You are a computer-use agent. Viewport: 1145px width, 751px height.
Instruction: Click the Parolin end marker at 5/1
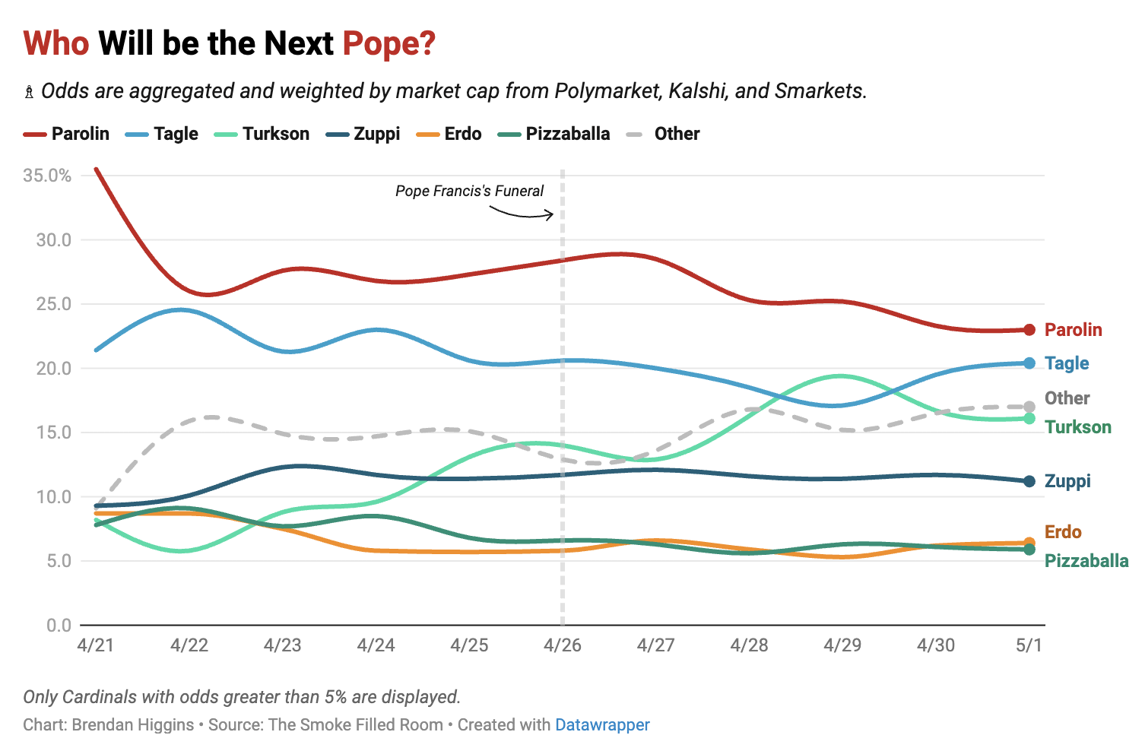click(1029, 330)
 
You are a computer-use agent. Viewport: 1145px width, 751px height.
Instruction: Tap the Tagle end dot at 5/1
click(1029, 363)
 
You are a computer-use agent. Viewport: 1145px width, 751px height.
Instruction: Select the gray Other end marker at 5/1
click(1029, 407)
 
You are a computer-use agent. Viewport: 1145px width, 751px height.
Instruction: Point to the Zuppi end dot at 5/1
click(1029, 481)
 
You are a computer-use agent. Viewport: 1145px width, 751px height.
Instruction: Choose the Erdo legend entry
click(449, 134)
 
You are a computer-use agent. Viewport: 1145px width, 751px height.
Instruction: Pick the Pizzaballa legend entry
click(554, 134)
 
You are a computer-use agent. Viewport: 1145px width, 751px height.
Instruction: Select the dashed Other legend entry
click(663, 134)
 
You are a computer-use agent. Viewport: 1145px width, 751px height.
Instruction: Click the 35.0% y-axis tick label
click(47, 176)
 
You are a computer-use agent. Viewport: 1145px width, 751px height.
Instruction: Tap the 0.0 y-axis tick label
click(59, 626)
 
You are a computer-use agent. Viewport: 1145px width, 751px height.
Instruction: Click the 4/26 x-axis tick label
click(563, 645)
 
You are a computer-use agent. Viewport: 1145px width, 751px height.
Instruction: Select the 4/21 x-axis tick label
click(96, 645)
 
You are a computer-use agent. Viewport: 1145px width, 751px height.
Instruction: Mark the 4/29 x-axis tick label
click(842, 645)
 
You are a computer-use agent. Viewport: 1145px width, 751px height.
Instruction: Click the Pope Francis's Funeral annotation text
click(469, 191)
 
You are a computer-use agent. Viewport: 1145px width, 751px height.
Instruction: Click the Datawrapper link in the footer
click(602, 724)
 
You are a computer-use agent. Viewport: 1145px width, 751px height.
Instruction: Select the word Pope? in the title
click(389, 43)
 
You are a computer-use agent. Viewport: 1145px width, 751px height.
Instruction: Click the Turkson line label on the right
click(1078, 427)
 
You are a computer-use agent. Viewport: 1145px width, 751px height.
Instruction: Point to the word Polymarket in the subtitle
click(608, 91)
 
